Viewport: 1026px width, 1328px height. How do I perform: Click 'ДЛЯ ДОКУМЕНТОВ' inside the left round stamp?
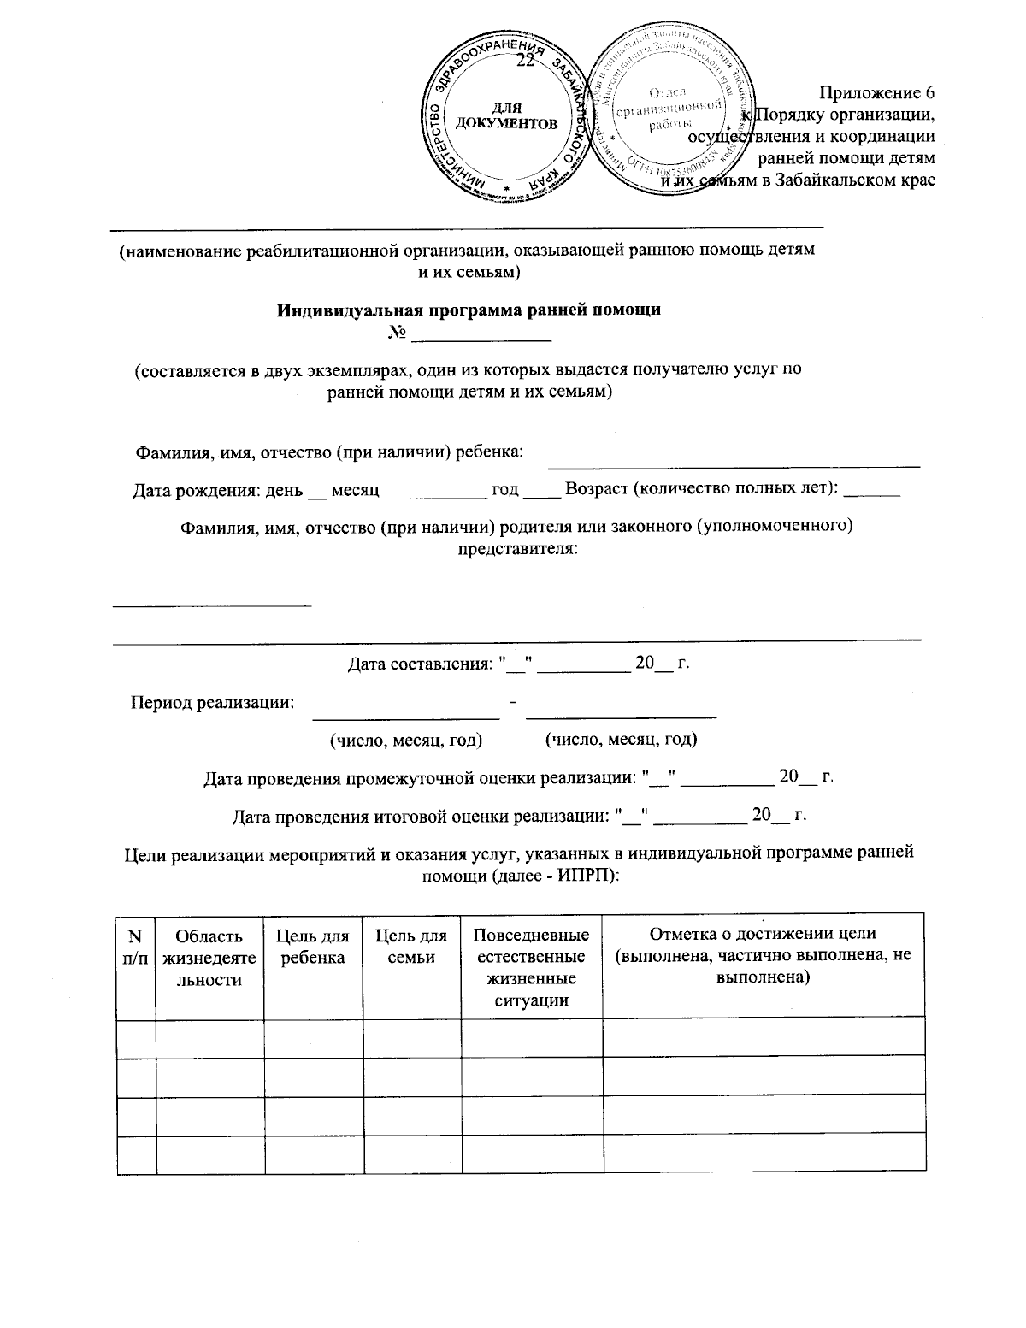pyautogui.click(x=507, y=116)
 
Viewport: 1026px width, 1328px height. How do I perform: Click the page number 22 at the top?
pyautogui.click(x=526, y=60)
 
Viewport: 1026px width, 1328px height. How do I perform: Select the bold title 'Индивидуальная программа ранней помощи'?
pyautogui.click(x=469, y=310)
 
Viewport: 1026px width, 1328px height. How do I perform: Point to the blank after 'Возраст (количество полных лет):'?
pyautogui.click(x=876, y=492)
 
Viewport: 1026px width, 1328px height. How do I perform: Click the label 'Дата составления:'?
pyautogui.click(x=421, y=664)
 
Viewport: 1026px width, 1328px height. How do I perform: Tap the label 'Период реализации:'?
pyautogui.click(x=212, y=703)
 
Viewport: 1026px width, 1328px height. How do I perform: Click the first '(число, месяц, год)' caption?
pyautogui.click(x=406, y=740)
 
